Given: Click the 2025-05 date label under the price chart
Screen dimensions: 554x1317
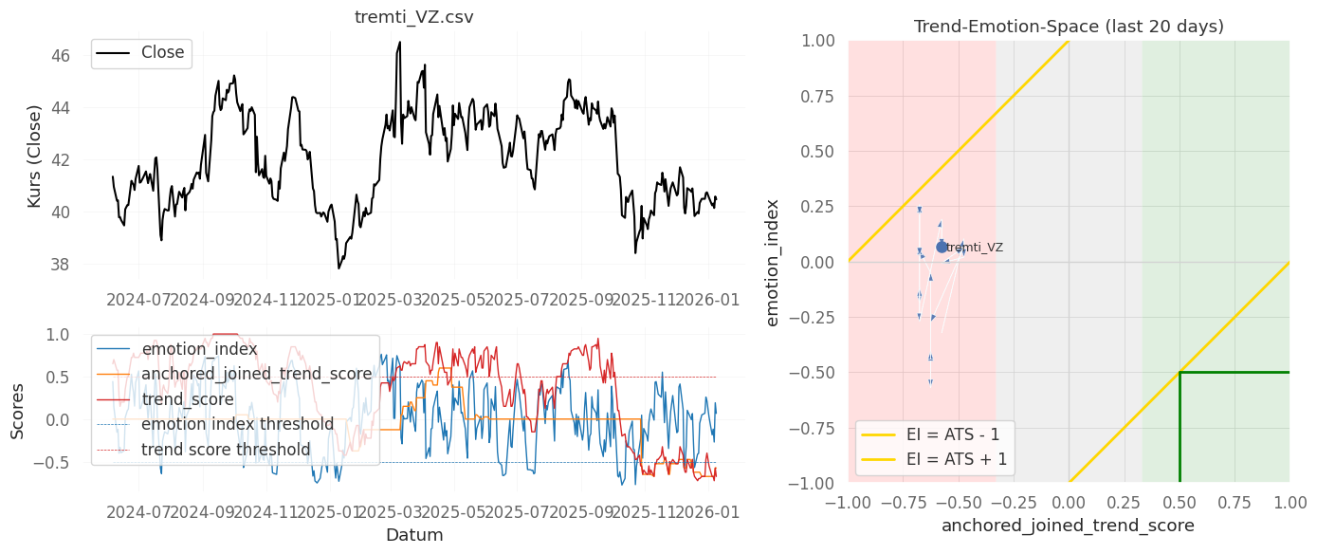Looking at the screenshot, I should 452,301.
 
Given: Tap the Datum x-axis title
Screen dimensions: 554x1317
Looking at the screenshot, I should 414,535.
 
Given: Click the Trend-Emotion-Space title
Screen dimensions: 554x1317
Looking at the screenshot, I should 1069,27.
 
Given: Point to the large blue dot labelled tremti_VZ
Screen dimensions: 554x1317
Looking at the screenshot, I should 942,247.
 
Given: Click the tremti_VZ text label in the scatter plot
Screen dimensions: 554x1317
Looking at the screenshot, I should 975,248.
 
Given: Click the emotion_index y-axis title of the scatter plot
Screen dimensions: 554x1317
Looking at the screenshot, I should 773,262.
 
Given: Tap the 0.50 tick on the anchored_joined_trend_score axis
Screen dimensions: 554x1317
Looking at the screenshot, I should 1179,499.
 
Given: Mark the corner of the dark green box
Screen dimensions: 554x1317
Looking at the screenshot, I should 1180,373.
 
